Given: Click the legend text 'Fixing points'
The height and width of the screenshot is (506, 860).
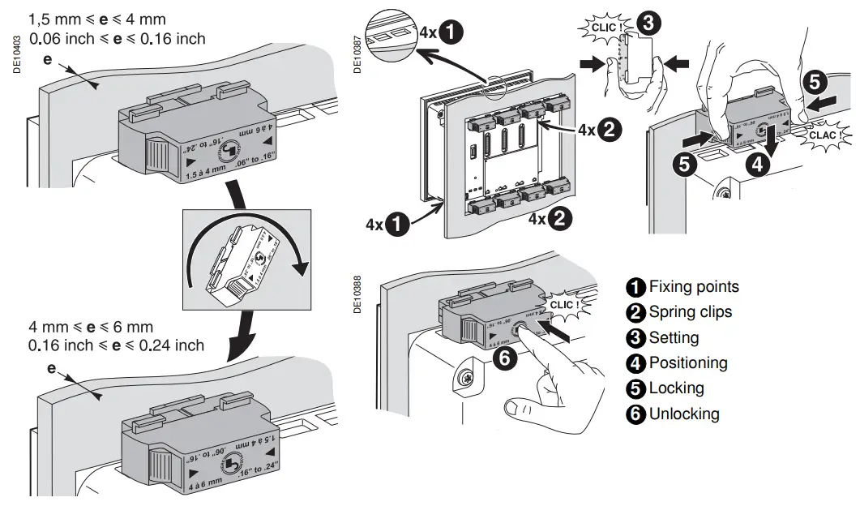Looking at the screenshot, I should point(694,286).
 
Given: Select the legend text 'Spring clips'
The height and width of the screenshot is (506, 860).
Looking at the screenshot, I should point(690,312).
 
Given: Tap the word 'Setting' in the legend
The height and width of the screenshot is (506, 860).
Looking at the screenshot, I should point(674,337).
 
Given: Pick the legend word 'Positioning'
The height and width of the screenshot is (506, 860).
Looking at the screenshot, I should point(688,362).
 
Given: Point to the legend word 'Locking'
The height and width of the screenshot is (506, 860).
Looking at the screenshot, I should point(676,388).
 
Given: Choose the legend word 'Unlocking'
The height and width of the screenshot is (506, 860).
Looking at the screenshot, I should point(683,414).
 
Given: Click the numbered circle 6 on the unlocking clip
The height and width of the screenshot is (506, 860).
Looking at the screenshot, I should point(504,359).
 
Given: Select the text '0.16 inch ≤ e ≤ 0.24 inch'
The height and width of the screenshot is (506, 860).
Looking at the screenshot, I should point(117,345).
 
